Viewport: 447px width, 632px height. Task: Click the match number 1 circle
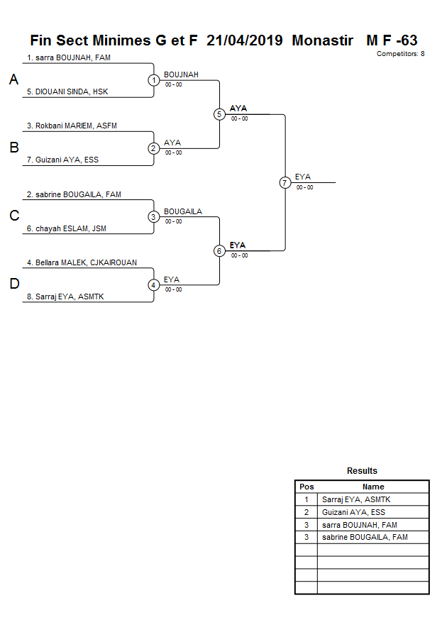pos(154,80)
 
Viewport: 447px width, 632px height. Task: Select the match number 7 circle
pos(285,183)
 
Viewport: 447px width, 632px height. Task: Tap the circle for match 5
pos(219,114)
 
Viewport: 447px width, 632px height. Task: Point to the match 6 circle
pos(219,251)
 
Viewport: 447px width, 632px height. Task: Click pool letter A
pos(13,81)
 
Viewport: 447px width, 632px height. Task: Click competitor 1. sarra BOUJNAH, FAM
pos(69,57)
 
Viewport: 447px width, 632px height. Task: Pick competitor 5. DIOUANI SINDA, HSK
pos(67,92)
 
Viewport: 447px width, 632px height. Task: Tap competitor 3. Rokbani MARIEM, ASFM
pos(72,126)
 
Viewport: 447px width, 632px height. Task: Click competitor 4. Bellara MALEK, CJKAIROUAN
pos(82,262)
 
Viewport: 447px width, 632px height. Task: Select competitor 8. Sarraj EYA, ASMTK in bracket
pos(65,296)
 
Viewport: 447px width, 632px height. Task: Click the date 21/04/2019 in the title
pos(245,40)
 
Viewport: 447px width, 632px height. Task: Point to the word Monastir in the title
pos(323,40)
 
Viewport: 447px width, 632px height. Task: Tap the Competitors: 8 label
pos(401,54)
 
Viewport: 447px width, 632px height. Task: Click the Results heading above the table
pos(362,471)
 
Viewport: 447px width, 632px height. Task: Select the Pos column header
pos(307,487)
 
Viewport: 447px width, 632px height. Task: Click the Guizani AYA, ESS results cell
pos(353,512)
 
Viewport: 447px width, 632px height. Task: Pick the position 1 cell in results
pos(307,499)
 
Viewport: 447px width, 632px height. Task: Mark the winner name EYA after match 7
pos(303,177)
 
